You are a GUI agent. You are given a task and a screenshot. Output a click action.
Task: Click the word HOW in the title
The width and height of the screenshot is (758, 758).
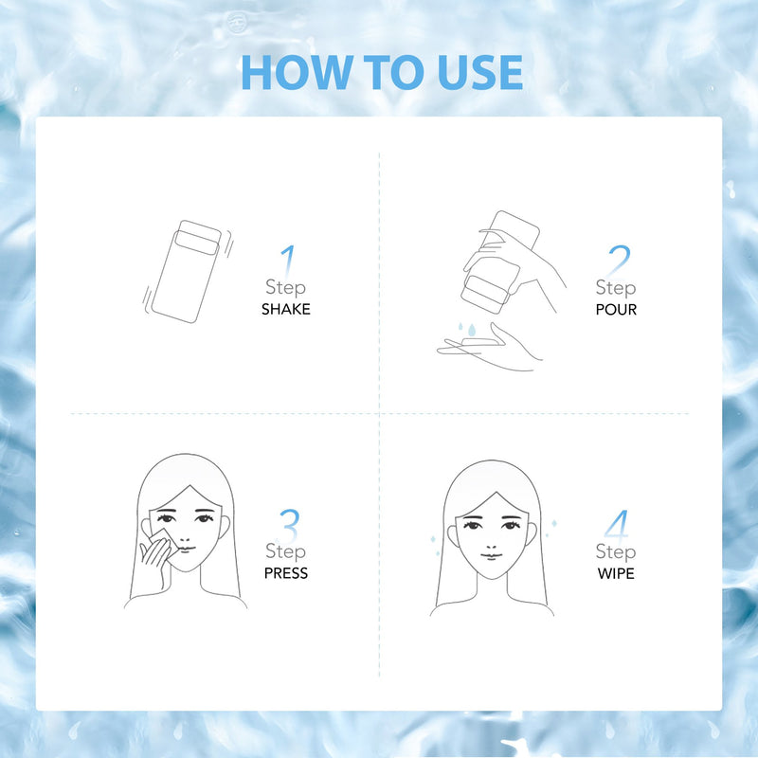pyautogui.click(x=296, y=72)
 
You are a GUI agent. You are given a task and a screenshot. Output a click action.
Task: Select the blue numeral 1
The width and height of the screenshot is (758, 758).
pyautogui.click(x=288, y=262)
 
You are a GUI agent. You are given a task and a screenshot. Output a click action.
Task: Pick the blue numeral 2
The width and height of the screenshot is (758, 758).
pyautogui.click(x=619, y=261)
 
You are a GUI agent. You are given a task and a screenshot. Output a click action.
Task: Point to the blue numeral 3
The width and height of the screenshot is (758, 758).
pyautogui.click(x=290, y=525)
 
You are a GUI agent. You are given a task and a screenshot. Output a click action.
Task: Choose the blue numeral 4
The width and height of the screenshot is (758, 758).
pyautogui.click(x=617, y=525)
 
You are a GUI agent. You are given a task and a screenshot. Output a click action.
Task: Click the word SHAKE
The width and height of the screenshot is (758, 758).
pyautogui.click(x=286, y=309)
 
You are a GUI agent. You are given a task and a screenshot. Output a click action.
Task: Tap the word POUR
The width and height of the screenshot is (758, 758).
pyautogui.click(x=616, y=310)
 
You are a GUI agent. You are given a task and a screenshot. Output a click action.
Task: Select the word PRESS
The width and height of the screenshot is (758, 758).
pyautogui.click(x=286, y=573)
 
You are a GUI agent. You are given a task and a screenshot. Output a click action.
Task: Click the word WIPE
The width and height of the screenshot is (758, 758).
pyautogui.click(x=616, y=573)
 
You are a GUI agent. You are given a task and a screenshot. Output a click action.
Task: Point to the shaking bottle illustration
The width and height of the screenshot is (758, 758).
pyautogui.click(x=188, y=272)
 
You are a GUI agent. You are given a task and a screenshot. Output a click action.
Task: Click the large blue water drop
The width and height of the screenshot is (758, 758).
pyautogui.click(x=472, y=330)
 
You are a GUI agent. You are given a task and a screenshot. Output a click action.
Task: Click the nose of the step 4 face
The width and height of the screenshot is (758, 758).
pyautogui.click(x=490, y=540)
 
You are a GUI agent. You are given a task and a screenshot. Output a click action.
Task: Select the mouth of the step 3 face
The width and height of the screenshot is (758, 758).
pyautogui.click(x=186, y=549)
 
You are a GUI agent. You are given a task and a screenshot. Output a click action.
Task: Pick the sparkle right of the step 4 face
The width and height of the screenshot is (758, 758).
pyautogui.click(x=554, y=523)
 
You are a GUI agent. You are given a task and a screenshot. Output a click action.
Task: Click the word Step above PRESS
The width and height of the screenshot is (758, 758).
pyautogui.click(x=286, y=551)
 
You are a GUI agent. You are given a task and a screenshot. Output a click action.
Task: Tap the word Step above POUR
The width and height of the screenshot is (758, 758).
pyautogui.click(x=616, y=288)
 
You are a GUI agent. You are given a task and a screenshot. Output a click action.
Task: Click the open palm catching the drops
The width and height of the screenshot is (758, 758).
pyautogui.click(x=488, y=347)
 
